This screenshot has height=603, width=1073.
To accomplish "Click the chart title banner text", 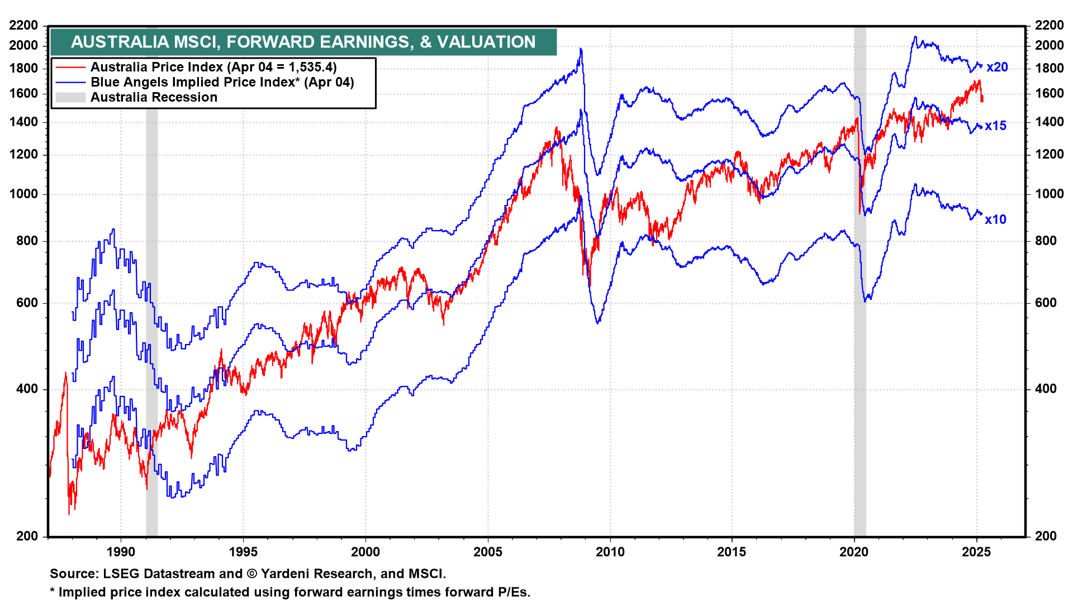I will click(x=303, y=42).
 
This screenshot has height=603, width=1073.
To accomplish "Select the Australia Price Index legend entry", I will click(x=213, y=67).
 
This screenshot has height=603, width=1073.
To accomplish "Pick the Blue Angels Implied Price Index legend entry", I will click(x=222, y=82).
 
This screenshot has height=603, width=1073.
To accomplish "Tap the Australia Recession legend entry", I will click(x=154, y=97).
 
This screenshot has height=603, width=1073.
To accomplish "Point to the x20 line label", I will click(x=997, y=67).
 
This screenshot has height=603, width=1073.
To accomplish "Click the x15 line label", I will click(x=995, y=126).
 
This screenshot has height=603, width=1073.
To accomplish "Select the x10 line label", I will click(x=995, y=219).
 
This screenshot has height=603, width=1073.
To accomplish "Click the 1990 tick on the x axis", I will click(x=121, y=552).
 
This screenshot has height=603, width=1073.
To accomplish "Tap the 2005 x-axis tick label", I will click(x=488, y=552).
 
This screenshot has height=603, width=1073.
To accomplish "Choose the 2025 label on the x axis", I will click(x=976, y=552).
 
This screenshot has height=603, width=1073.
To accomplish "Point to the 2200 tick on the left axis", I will click(x=24, y=25).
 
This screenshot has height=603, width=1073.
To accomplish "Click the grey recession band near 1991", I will click(x=151, y=335).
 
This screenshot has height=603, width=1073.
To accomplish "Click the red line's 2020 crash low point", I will click(x=860, y=213).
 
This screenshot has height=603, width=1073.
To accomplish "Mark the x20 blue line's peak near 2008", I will click(x=581, y=49).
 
